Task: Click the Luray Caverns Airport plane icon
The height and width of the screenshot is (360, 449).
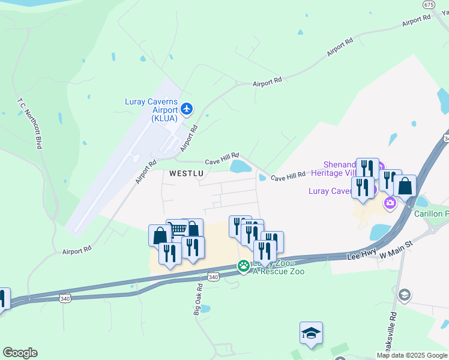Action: coord(187,109)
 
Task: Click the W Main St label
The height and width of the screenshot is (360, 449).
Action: coord(397,250)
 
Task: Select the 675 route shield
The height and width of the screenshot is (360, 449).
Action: coord(429,4)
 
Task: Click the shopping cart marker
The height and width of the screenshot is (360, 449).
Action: coord(177,230)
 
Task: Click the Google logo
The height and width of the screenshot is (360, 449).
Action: coord(20,353)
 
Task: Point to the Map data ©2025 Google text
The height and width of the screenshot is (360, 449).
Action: coord(411,355)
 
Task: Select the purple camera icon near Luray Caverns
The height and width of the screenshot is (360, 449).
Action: coord(391,203)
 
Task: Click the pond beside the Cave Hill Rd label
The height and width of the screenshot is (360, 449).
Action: coord(241,166)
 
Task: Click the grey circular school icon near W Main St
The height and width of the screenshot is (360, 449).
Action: coord(405,295)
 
